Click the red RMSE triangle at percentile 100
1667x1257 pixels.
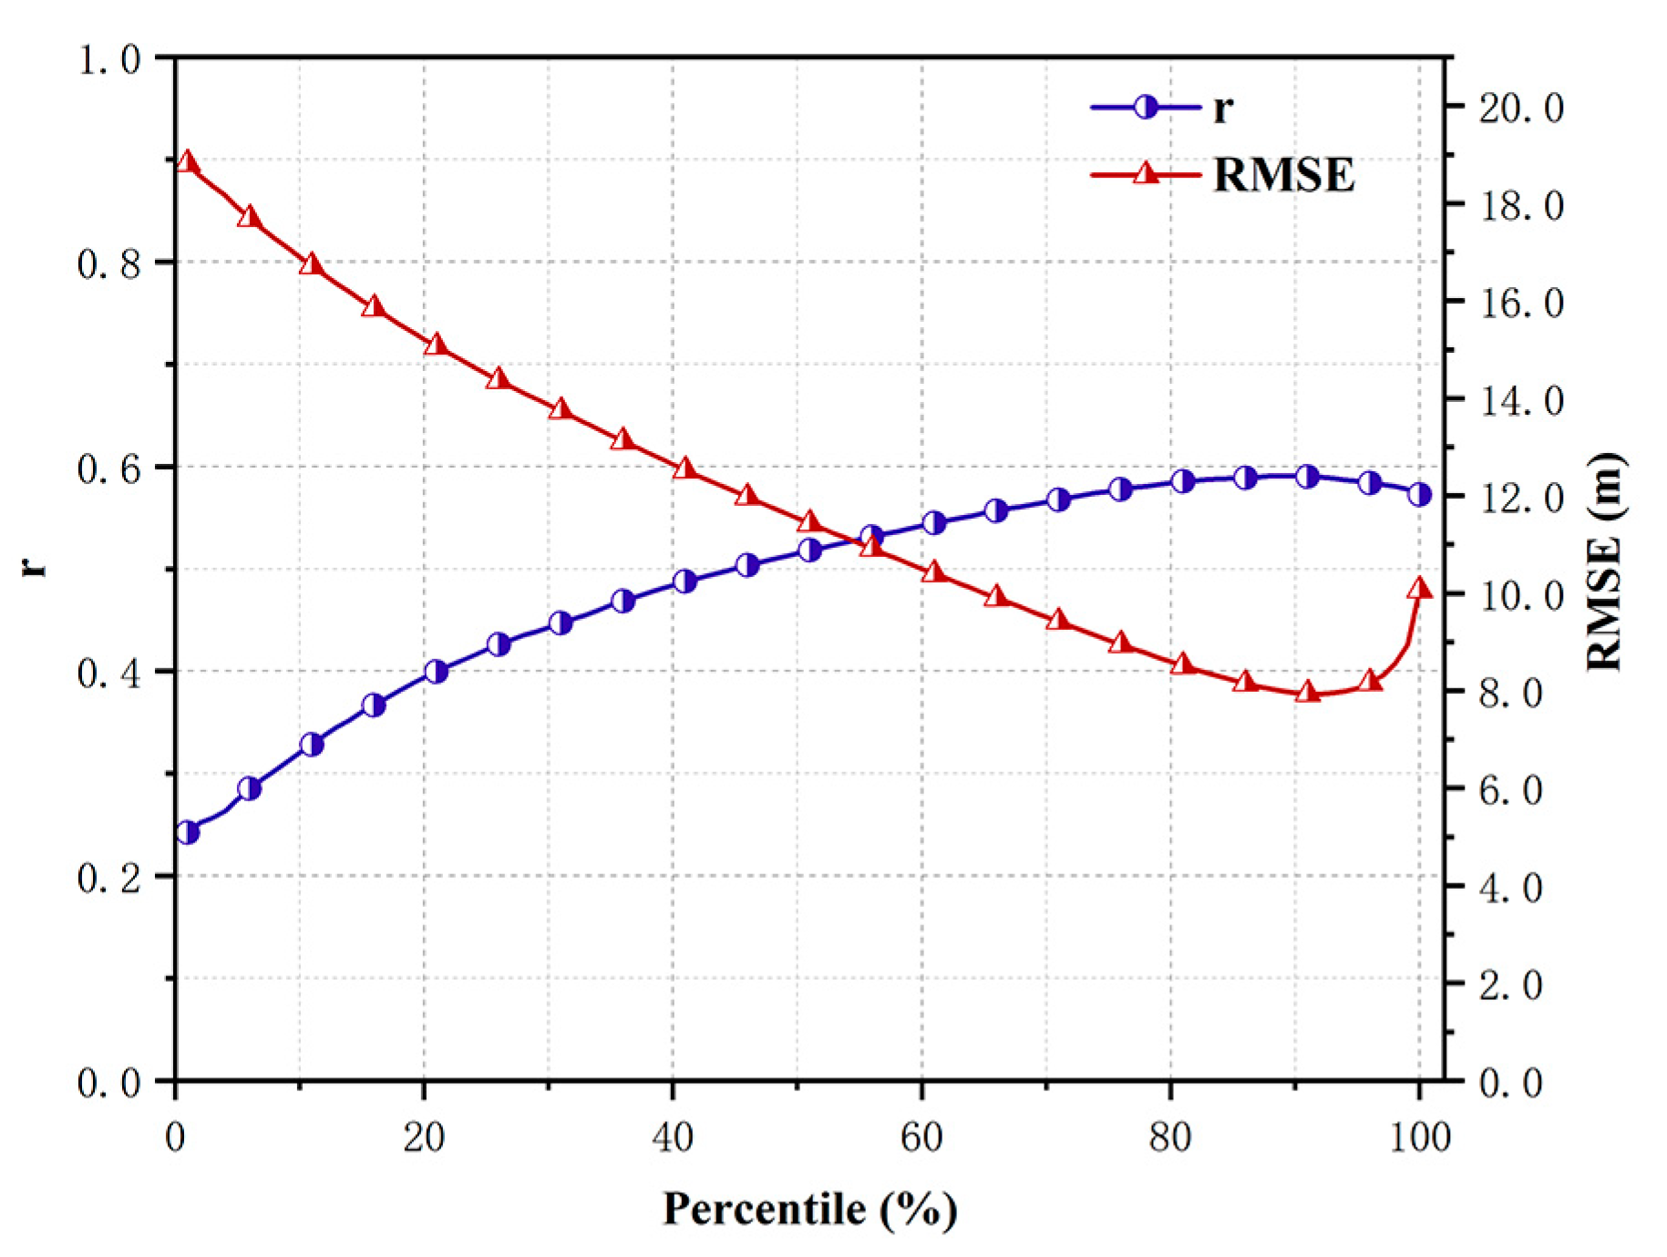pyautogui.click(x=1419, y=589)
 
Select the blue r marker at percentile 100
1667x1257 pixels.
pyautogui.click(x=1419, y=495)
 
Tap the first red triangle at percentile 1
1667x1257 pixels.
pyautogui.click(x=188, y=162)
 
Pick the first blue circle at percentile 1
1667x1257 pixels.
pyautogui.click(x=188, y=832)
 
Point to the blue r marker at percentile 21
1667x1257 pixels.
pyautogui.click(x=437, y=672)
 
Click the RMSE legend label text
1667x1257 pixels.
pyautogui.click(x=1283, y=174)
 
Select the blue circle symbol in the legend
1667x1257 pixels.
pyautogui.click(x=1146, y=108)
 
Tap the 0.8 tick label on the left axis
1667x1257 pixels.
pyautogui.click(x=108, y=263)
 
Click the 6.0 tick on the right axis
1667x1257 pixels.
pyautogui.click(x=1509, y=789)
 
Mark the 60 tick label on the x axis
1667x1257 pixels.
pyautogui.click(x=921, y=1137)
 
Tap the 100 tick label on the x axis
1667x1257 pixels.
pyautogui.click(x=1419, y=1137)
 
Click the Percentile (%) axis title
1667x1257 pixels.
pyautogui.click(x=809, y=1210)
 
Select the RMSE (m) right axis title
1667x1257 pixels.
pyautogui.click(x=1604, y=562)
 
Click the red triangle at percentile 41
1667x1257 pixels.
pyautogui.click(x=685, y=469)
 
